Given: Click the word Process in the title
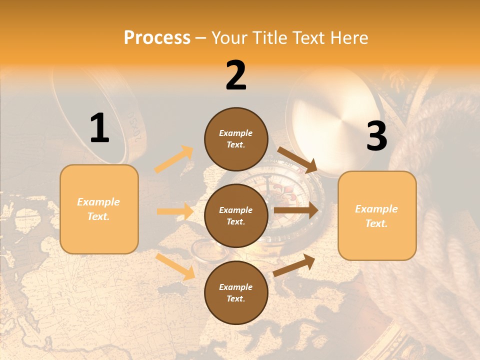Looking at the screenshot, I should point(157,37).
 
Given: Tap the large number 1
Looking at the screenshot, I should point(99,128).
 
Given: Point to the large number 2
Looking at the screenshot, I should point(236,75).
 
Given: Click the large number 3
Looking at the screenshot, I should point(376,136).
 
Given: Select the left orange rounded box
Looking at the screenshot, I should point(99,209).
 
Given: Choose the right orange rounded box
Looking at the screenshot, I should point(377,215).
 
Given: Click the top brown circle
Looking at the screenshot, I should point(236,139).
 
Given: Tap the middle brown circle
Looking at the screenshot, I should point(236,215).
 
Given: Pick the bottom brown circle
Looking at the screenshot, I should point(236,292).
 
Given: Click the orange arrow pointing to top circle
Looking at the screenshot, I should point(174,159).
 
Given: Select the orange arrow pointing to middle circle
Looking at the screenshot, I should point(175,211).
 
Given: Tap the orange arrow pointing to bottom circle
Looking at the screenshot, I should point(175,266).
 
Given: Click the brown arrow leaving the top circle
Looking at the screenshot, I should point(297,160).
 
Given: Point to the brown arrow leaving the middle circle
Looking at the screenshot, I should point(295,210).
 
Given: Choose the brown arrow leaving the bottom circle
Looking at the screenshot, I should point(294,265).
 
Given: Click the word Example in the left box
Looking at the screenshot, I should point(98,202).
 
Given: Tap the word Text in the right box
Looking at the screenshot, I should point(376,223).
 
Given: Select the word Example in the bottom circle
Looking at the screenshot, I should point(235,287).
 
